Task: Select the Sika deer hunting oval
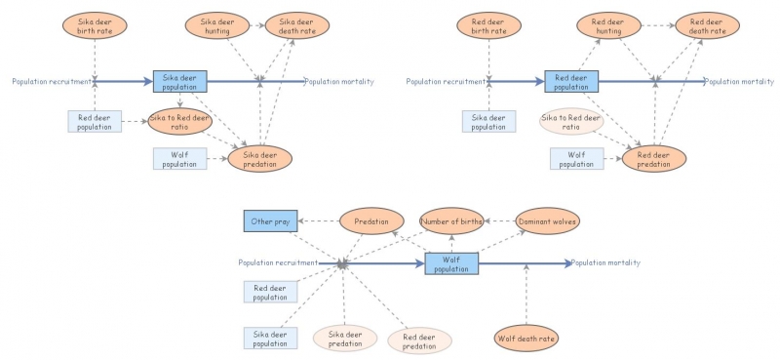coord(215,26)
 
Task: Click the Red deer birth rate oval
coord(487,26)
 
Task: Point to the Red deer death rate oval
coord(707,26)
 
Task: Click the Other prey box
coord(270,221)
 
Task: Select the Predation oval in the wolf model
coord(370,221)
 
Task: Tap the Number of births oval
coord(451,221)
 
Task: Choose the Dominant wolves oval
coord(547,221)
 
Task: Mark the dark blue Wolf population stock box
coord(451,263)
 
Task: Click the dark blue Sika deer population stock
coord(180,82)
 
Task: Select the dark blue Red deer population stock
coord(571,82)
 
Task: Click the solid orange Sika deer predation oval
coord(260,158)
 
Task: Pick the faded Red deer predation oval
coord(419,340)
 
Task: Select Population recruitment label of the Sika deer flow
coord(52,82)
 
